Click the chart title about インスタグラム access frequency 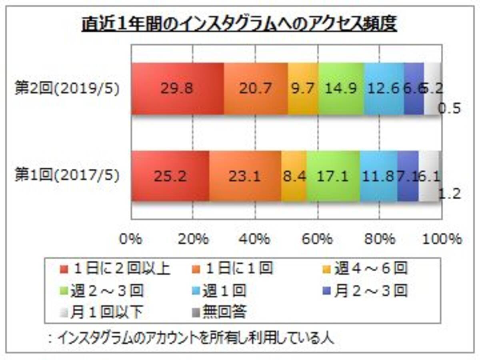pos(239,25)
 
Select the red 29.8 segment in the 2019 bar pos(177,89)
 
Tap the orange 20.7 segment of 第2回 pos(256,89)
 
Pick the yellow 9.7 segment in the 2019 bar pos(303,89)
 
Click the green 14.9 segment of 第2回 pos(341,89)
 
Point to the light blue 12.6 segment pos(384,89)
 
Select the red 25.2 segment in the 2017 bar pos(170,176)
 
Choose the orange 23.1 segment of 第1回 pos(245,176)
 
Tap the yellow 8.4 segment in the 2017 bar pos(294,176)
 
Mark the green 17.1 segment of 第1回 pos(333,176)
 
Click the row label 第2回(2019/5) pos(67,89)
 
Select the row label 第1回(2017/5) pos(67,176)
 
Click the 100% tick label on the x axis pos(442,239)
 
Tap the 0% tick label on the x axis pos(131,239)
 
